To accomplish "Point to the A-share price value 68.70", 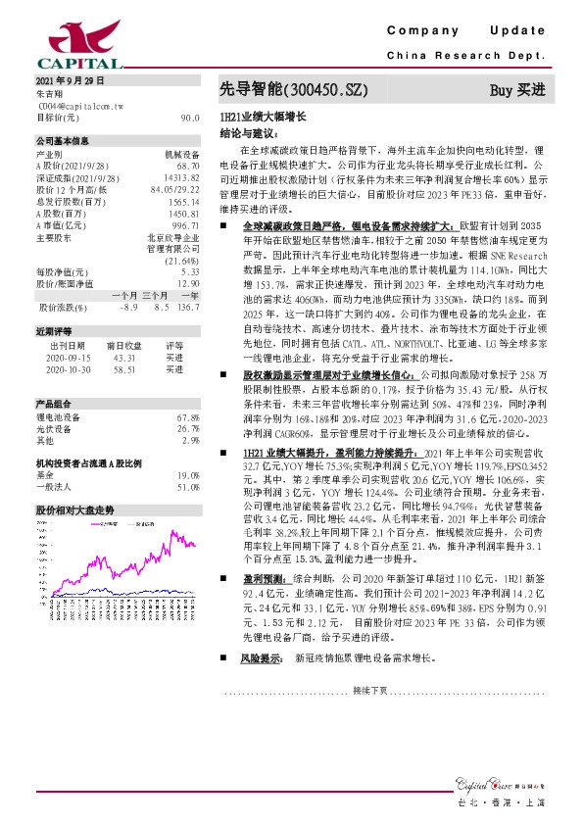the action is (188, 166).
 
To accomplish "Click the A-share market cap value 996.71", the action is (185, 224).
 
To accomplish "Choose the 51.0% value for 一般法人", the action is (188, 487).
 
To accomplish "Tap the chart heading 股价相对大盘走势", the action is (74, 510).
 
